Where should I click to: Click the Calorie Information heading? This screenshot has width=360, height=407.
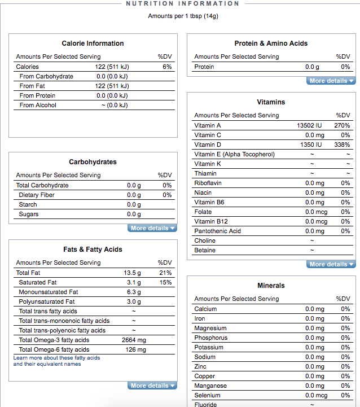93,43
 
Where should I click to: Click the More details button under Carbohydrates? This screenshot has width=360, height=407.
152,228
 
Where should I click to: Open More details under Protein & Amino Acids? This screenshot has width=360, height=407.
331,81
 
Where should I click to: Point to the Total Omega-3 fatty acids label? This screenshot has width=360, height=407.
54,340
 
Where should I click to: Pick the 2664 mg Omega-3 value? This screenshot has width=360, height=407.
134,340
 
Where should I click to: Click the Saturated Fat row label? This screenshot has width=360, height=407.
38,282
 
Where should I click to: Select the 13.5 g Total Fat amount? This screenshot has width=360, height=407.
132,273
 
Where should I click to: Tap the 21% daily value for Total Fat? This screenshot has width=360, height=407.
165,273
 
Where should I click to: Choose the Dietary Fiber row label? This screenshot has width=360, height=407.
37,195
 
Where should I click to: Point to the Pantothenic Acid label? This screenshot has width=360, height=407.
217,231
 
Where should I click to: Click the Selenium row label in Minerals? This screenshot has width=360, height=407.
207,395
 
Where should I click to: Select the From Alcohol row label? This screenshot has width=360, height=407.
38,105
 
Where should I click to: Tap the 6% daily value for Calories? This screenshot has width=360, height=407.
167,67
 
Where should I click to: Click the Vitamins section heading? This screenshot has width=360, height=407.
271,102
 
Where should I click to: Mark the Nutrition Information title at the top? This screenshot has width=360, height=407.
182,3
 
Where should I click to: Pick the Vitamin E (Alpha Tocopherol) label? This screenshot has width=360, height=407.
234,154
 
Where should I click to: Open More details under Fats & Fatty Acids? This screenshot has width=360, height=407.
152,386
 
